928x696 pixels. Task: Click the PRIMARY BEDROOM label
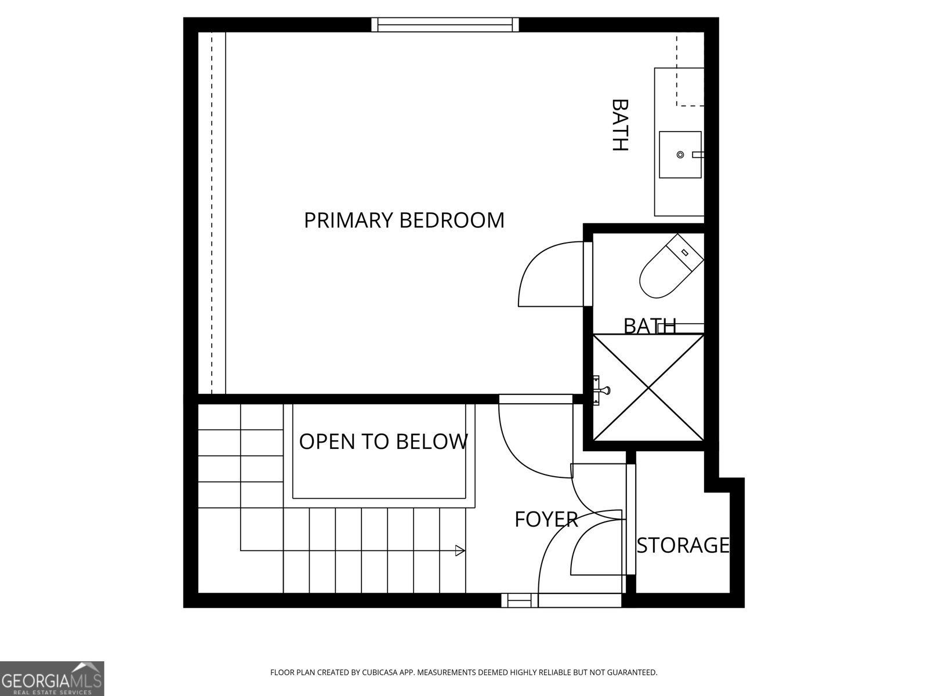[404, 220]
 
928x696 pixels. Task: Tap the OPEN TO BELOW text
[383, 442]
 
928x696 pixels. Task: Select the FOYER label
[546, 520]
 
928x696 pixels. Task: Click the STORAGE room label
[683, 546]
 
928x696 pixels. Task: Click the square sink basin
[680, 154]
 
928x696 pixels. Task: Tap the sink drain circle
[680, 154]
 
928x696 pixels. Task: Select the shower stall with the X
[648, 387]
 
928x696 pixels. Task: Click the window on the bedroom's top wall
[445, 24]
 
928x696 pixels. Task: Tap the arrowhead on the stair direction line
[460, 550]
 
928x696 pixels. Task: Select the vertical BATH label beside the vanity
[620, 125]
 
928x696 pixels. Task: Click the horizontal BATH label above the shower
[650, 326]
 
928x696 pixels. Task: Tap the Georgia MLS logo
[52, 678]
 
